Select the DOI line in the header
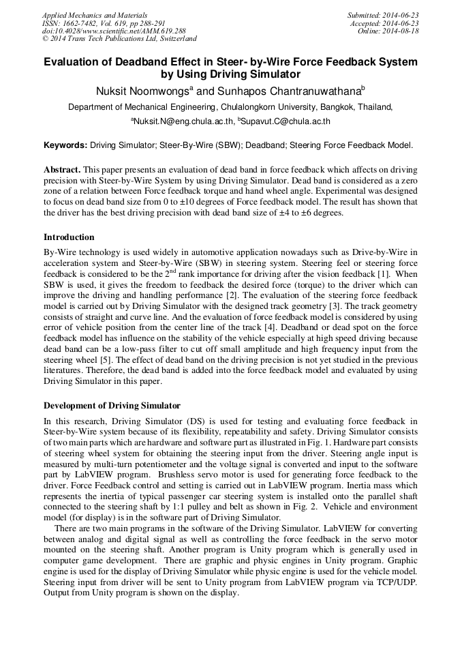pyautogui.click(x=114, y=31)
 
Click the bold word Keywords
pyautogui.click(x=65, y=145)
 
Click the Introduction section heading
pyautogui.click(x=69, y=237)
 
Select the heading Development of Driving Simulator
pyautogui.click(x=112, y=405)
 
